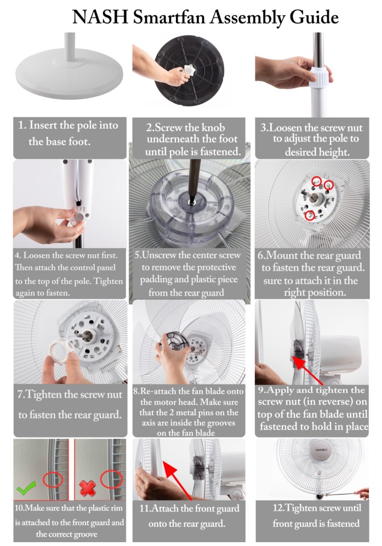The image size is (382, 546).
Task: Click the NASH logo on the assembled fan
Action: click(322, 464)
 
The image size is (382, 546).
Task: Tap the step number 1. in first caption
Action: click(22, 125)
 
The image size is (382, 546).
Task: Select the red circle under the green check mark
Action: click(53, 480)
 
